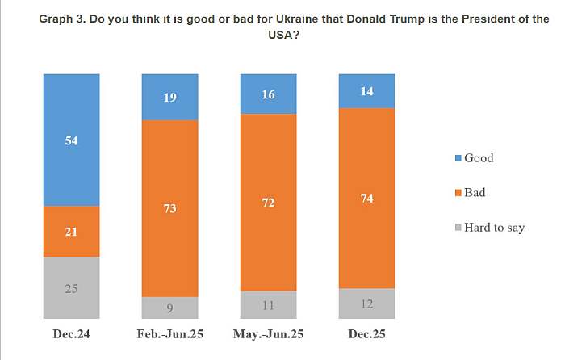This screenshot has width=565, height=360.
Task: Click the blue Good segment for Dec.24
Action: click(71, 140)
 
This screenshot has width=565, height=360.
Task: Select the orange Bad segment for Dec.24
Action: click(71, 232)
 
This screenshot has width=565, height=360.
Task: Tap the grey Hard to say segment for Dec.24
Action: click(71, 287)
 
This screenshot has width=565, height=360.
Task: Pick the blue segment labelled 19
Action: click(169, 97)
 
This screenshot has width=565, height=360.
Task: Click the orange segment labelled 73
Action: click(169, 208)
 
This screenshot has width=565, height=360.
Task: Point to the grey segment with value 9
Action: click(169, 307)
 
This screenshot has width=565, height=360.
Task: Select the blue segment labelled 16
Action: click(268, 94)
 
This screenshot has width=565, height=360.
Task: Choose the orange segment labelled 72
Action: click(268, 203)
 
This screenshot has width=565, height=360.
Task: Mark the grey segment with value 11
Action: click(268, 304)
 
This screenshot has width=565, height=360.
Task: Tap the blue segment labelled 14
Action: click(366, 90)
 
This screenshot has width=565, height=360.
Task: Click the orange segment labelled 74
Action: click(366, 198)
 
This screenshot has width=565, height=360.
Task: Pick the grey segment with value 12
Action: click(366, 303)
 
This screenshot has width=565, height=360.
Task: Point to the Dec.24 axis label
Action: click(71, 333)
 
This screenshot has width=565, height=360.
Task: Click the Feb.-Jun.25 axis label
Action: click(169, 333)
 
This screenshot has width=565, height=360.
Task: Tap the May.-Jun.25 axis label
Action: click(268, 333)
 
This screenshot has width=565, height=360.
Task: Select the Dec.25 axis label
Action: click(366, 333)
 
